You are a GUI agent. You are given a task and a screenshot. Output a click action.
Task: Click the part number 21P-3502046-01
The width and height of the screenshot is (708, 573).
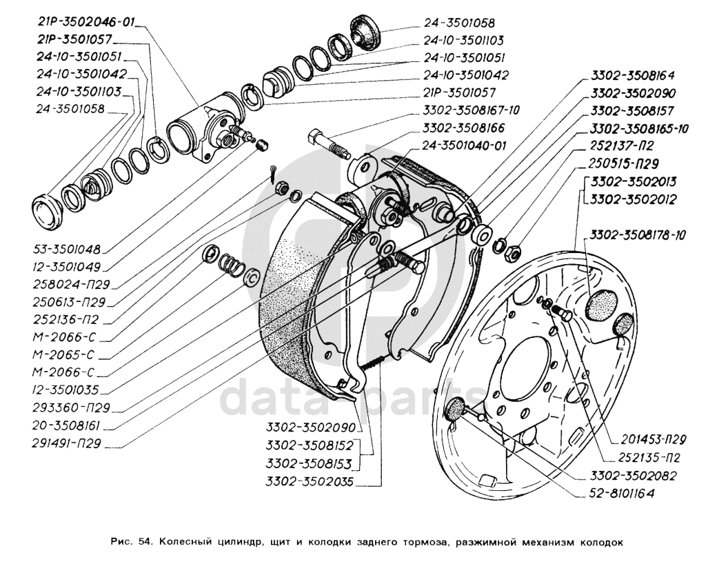tap(86, 22)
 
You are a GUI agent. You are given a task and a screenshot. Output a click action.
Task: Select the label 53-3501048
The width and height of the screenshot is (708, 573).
tap(67, 249)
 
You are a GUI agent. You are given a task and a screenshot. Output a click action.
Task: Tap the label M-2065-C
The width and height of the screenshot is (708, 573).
tap(64, 354)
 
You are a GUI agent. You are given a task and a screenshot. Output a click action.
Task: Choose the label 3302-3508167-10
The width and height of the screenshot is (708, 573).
tap(472, 110)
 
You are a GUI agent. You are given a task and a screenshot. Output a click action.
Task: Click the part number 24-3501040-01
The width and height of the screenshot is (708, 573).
tap(465, 145)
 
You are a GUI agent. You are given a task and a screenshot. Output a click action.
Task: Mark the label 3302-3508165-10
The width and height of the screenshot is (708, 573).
tap(639, 129)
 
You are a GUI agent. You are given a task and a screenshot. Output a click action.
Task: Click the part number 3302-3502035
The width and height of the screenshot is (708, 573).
tap(310, 481)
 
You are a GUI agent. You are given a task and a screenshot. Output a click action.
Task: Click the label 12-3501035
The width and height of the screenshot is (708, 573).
tap(65, 390)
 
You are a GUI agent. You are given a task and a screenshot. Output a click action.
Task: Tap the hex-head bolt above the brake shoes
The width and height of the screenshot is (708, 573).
tap(329, 143)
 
